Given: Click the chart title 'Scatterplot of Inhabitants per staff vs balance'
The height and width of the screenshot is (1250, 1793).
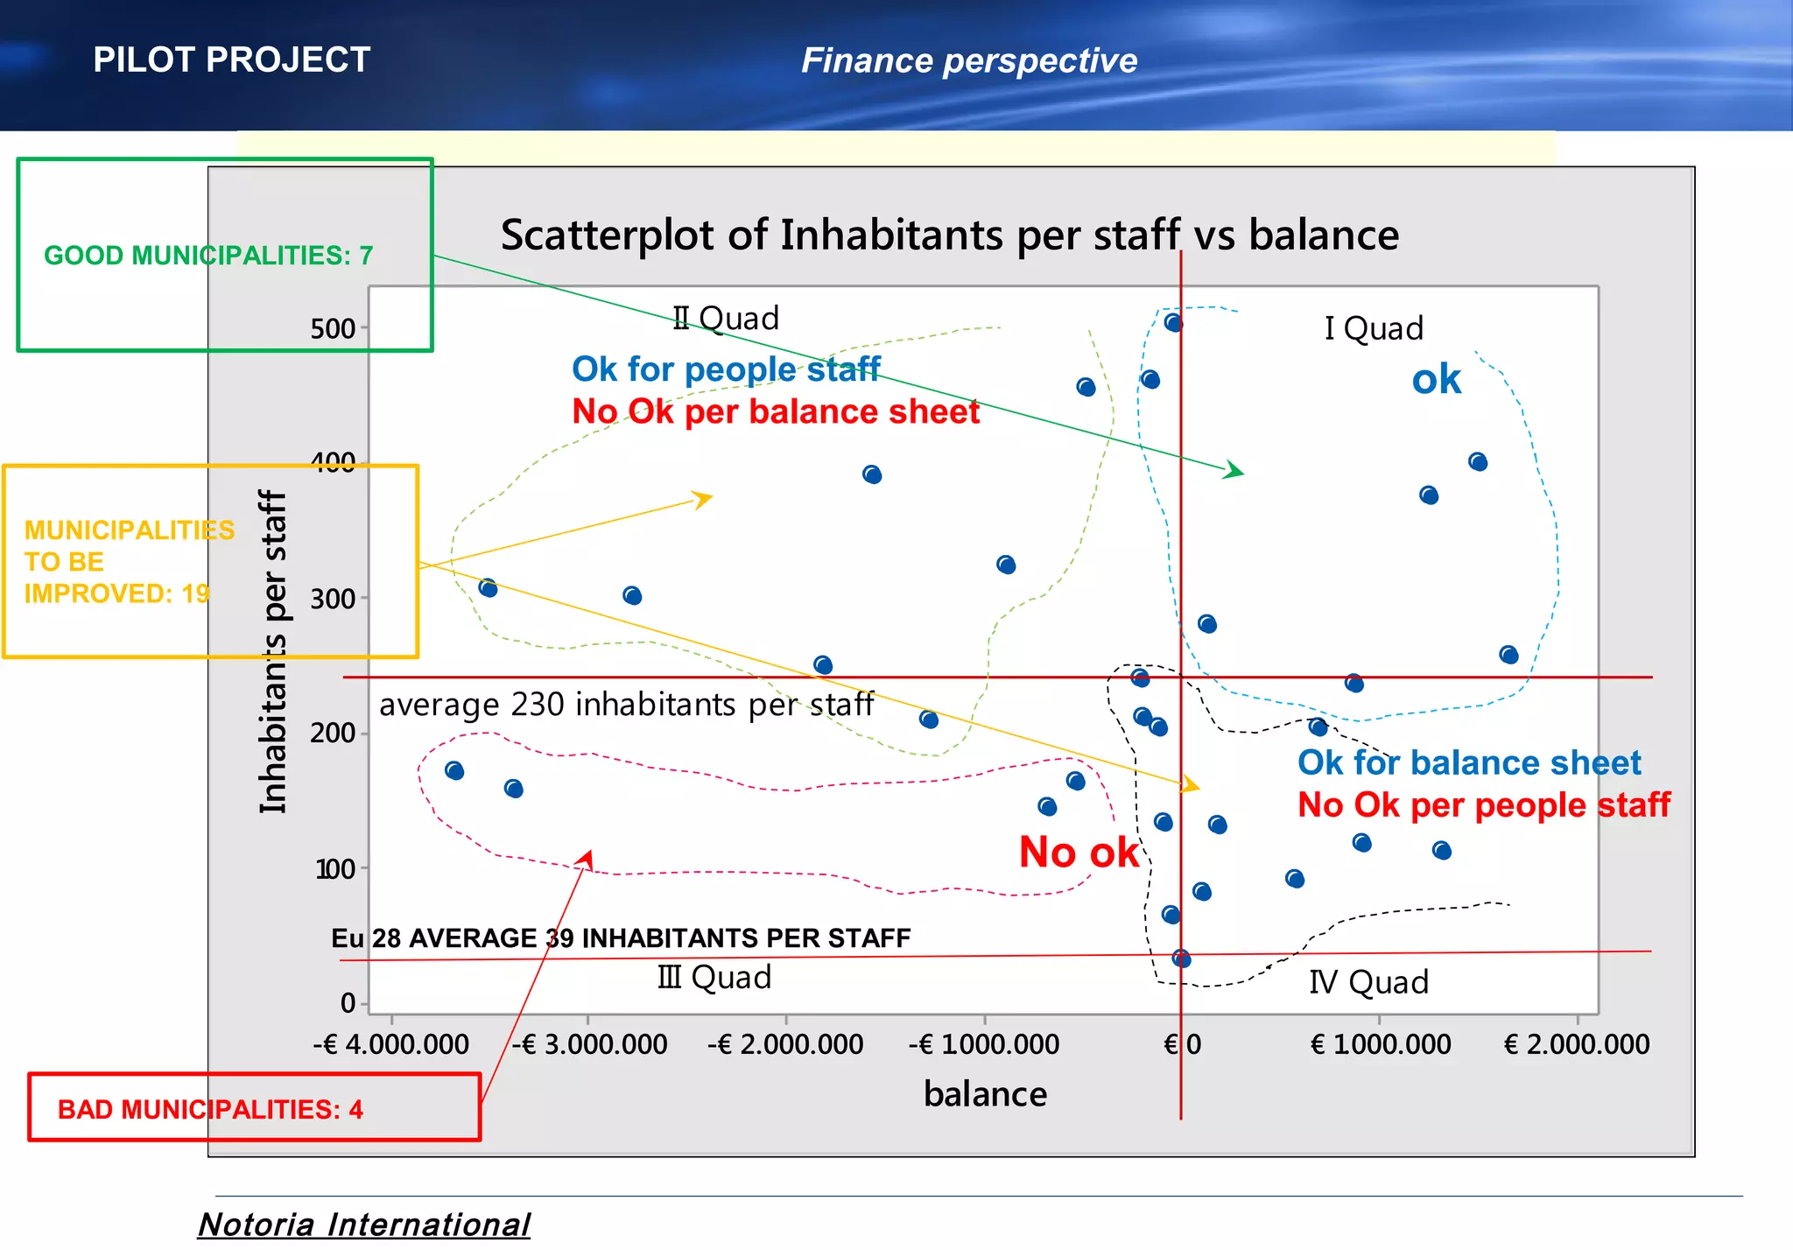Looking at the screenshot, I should (x=949, y=235).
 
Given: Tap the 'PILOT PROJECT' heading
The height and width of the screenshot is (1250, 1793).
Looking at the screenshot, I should (x=232, y=60).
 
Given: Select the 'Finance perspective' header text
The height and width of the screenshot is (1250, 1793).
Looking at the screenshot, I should (x=969, y=61).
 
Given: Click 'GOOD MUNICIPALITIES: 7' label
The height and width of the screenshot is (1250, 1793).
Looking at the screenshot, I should (x=208, y=256).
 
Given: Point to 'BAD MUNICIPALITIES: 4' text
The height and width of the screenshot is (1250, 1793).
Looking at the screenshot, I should (x=210, y=1109).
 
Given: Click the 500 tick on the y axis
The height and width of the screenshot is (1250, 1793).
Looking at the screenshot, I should (x=333, y=329).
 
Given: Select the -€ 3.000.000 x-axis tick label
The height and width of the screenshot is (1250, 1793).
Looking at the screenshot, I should (x=589, y=1044).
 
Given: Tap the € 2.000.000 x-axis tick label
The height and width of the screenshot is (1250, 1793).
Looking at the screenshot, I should (x=1577, y=1044).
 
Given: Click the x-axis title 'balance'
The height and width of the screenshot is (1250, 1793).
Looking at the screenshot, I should (x=985, y=1094).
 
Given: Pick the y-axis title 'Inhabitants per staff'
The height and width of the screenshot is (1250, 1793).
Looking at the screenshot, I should (x=273, y=652).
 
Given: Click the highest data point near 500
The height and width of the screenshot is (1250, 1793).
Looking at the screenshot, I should (x=1173, y=323).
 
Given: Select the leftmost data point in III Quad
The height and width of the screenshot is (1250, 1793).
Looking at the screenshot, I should (x=454, y=771).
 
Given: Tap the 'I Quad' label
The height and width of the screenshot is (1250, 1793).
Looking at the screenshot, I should (x=1374, y=329).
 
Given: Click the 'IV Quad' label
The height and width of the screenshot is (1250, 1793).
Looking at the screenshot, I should (x=1368, y=982).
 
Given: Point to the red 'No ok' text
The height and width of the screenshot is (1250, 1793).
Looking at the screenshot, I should (x=1079, y=853).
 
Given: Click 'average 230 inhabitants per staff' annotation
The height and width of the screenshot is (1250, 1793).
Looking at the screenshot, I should (x=626, y=705).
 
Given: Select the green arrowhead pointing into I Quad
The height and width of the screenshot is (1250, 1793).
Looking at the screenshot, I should (x=1235, y=471).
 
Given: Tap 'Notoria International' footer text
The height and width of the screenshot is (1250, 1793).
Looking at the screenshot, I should (x=364, y=1225).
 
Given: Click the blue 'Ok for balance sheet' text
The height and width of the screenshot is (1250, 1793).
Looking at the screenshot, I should (x=1469, y=763).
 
